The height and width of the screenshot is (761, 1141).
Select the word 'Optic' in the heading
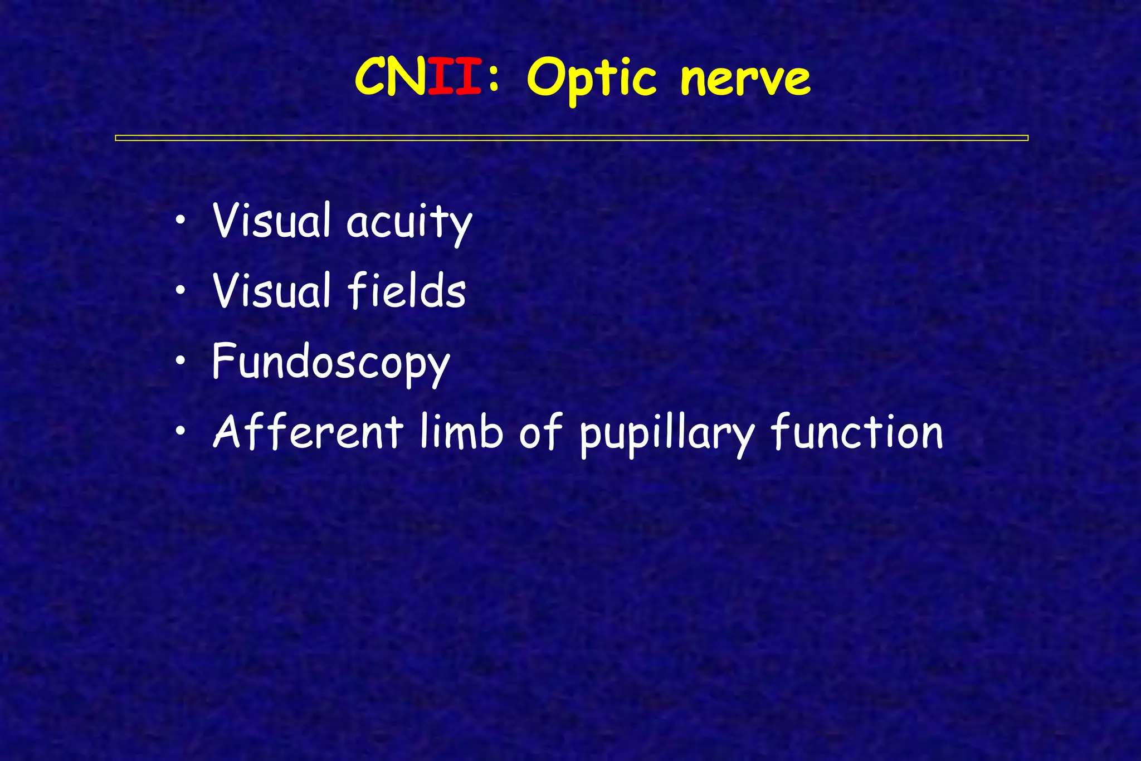coord(592,79)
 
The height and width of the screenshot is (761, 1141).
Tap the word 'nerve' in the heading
coord(745,79)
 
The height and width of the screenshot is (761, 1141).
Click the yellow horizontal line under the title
coord(571,138)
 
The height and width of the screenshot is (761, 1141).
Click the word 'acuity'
coord(409,222)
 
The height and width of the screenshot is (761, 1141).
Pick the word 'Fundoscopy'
coord(330,363)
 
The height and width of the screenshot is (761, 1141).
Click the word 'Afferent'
coord(308,432)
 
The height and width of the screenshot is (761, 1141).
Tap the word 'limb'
coord(461,432)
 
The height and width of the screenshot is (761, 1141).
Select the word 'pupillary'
coord(667,435)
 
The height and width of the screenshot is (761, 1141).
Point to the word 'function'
coord(857,432)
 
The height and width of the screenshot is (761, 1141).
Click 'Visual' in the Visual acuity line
coord(271,221)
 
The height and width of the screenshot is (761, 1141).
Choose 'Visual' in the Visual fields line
coord(271,290)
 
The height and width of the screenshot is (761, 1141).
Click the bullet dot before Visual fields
coord(180,290)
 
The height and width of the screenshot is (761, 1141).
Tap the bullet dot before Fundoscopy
coord(180,361)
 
